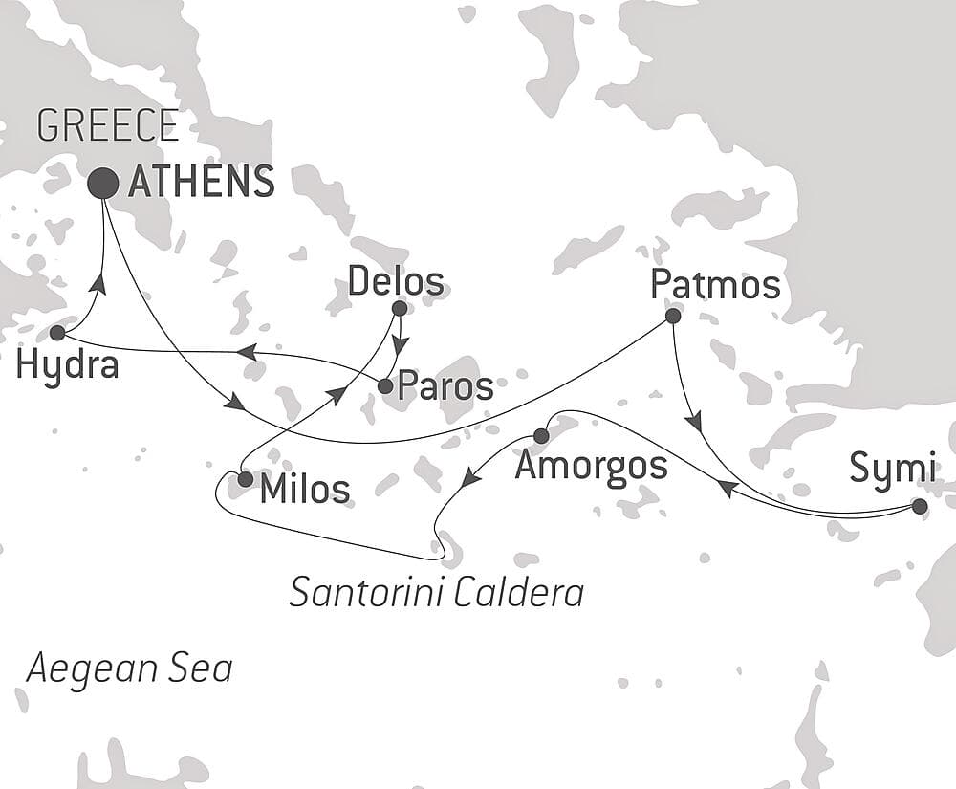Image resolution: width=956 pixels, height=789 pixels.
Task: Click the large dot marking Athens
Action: [103, 183]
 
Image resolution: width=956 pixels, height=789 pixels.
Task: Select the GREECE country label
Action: [107, 126]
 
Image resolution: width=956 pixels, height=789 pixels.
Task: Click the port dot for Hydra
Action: [57, 333]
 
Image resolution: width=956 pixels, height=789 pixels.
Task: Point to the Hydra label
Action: [67, 364]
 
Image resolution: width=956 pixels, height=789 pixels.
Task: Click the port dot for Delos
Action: [400, 308]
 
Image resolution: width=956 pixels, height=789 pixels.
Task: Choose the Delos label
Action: [396, 281]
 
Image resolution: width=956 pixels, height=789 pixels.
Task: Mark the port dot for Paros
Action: [384, 386]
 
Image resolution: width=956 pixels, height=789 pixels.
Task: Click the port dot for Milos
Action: [245, 479]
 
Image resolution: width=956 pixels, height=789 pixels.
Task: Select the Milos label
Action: [305, 490]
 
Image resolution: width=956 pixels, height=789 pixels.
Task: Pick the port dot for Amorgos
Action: [539, 436]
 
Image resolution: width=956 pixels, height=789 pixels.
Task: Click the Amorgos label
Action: [591, 466]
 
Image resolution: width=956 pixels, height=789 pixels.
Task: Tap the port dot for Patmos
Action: [673, 315]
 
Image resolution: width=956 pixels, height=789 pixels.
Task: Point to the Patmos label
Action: [715, 284]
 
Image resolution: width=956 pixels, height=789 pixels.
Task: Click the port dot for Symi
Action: [920, 507]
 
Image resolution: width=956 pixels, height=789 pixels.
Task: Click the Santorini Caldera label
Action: [436, 593]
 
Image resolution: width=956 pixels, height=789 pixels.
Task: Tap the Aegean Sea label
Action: [129, 668]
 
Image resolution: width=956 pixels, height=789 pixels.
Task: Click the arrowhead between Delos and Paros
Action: [400, 345]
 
